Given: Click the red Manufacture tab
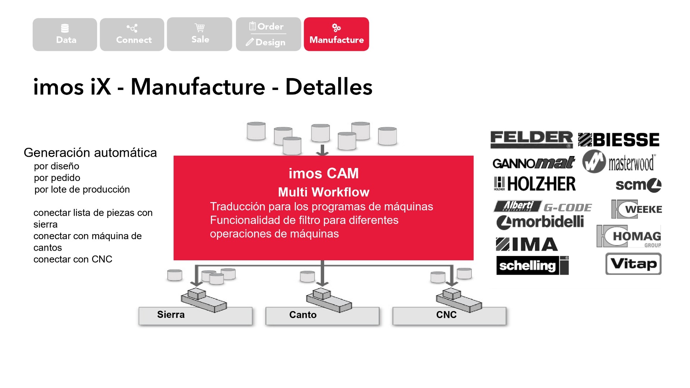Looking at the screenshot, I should click(336, 34).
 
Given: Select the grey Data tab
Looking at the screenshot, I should click(65, 35).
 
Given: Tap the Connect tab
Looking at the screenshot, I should click(132, 35).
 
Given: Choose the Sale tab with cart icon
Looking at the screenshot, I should click(199, 34).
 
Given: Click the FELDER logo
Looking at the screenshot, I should click(531, 139).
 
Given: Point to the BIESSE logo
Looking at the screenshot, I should click(619, 140).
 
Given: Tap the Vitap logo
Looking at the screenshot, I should click(633, 264).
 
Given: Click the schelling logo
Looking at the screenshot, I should click(532, 265).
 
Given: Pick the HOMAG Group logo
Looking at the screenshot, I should click(629, 236).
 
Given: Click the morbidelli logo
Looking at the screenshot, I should click(540, 222).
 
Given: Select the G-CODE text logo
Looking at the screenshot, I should click(567, 207).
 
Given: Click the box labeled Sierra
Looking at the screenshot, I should click(195, 316).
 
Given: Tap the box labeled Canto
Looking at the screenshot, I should click(322, 316).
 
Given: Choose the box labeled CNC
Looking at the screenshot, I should click(449, 316).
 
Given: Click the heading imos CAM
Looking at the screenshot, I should click(323, 173).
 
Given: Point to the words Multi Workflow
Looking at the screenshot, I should click(323, 192).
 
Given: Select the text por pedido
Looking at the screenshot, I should click(57, 178).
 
